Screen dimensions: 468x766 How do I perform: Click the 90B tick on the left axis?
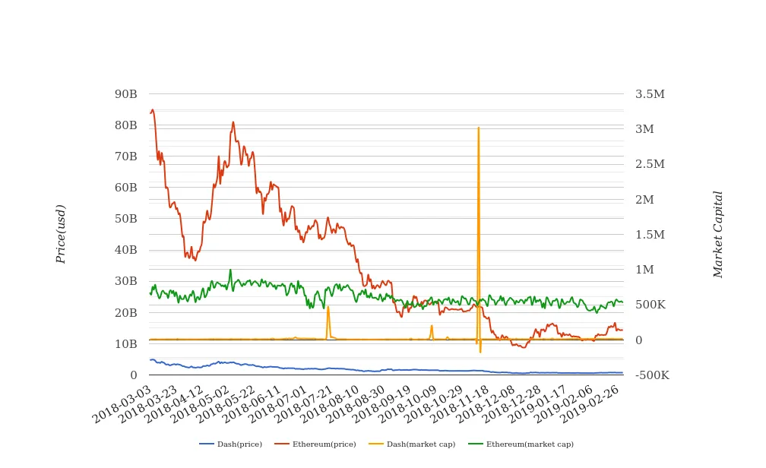125,94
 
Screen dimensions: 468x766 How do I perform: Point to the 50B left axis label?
125,219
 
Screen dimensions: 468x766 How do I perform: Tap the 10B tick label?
125,343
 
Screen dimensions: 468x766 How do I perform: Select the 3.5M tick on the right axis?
650,94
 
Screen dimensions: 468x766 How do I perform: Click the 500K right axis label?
650,305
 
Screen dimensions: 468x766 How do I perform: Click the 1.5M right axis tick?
650,235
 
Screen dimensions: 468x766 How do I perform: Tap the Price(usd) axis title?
61,234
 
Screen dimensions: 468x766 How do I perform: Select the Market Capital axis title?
717,234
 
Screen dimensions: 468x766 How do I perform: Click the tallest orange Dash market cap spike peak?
478,128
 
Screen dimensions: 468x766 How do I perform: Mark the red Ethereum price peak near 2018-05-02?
233,122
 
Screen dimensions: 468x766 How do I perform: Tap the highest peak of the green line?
230,270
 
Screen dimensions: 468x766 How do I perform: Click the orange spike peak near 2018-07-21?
328,306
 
